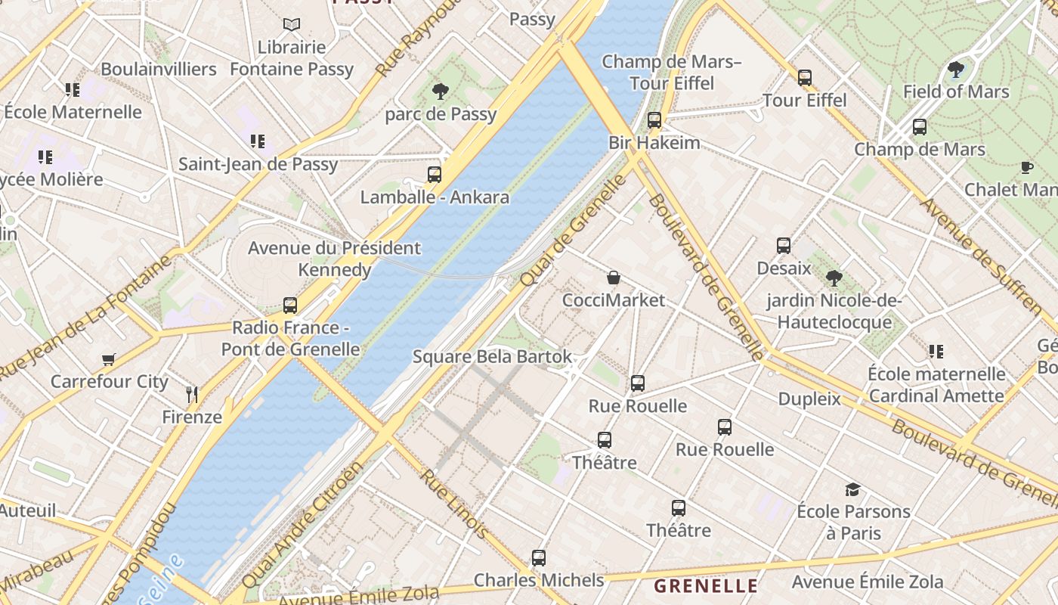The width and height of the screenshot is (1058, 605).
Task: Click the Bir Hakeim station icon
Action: [654, 120]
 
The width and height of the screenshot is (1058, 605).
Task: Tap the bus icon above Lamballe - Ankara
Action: [435, 175]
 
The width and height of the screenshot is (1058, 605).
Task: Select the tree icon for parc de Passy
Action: [441, 92]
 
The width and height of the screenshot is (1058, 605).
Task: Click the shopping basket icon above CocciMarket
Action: [614, 278]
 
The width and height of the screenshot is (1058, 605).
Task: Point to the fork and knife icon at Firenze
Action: [192, 394]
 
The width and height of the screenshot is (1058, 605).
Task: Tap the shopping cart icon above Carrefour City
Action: [109, 359]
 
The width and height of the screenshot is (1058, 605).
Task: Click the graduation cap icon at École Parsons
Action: [852, 489]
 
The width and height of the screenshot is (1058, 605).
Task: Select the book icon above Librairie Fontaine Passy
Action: [292, 24]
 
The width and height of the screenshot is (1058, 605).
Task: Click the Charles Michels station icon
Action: [539, 558]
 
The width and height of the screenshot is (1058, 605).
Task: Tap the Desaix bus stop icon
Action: [784, 246]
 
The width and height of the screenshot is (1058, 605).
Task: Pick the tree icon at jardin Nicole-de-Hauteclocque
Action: [834, 278]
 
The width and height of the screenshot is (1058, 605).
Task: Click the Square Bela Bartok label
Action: [492, 357]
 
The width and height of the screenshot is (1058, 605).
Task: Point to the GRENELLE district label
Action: [706, 585]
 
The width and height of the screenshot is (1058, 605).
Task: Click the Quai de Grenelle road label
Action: [574, 230]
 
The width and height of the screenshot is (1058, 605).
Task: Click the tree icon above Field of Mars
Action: [956, 70]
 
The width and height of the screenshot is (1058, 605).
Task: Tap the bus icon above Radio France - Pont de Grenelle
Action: [290, 306]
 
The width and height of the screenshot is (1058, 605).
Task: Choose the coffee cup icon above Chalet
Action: [1026, 167]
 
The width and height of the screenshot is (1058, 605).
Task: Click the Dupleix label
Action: [809, 399]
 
